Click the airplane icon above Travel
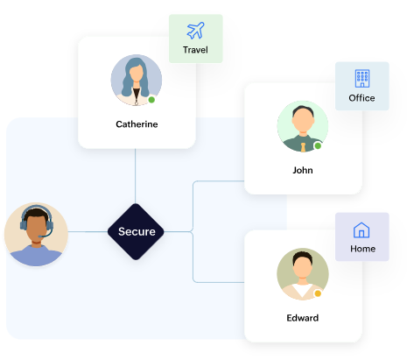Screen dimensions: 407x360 coord(195,31)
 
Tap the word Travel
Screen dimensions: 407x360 coord(195,50)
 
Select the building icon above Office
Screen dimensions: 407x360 coord(362,78)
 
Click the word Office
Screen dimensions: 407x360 coord(361,98)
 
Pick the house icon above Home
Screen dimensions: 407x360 coord(361,230)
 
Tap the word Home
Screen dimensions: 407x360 coord(362,249)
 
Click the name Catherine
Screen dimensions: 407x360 coord(137,124)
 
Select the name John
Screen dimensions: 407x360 coord(303,170)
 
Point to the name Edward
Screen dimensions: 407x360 coord(303,318)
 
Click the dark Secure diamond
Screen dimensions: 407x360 coord(136,231)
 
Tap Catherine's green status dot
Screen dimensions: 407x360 coord(151,100)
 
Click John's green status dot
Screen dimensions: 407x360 coord(318,145)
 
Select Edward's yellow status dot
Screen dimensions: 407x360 coord(318,293)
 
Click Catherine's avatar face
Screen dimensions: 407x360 coord(136,73)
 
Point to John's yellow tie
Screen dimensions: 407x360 coord(303,147)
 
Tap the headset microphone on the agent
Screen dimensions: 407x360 coord(46,235)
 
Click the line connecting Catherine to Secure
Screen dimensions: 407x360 coord(136,176)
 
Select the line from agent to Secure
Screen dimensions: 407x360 coord(88,232)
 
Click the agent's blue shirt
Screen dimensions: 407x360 coord(36,256)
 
